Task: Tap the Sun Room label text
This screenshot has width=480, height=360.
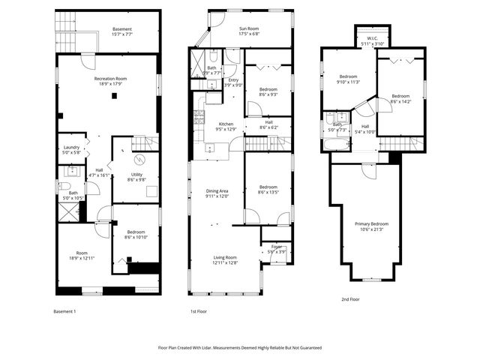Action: [253, 29]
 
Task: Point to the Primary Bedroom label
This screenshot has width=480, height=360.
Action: [371, 223]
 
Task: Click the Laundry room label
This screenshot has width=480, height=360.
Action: [71, 147]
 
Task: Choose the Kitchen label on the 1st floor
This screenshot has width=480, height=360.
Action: [226, 124]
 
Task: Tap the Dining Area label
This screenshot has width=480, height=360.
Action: [217, 191]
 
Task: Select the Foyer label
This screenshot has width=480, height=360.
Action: [277, 248]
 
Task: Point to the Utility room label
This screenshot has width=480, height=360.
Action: [136, 175]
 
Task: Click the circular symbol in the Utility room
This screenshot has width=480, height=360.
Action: [137, 159]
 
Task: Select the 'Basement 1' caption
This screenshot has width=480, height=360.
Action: [65, 311]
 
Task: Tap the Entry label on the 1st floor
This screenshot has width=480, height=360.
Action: [233, 82]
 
